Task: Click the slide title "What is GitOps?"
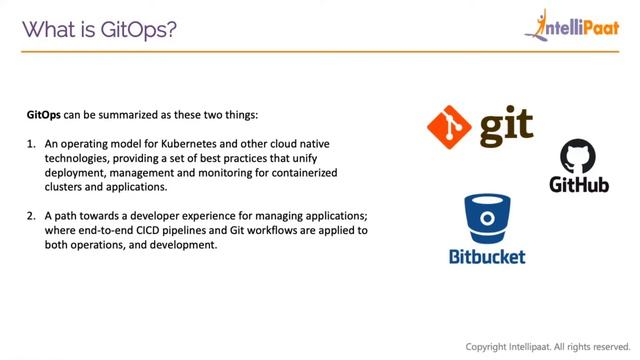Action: point(100,29)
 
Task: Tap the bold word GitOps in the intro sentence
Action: point(44,115)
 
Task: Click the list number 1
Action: point(31,145)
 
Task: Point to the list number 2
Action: point(31,216)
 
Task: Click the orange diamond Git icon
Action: point(449,127)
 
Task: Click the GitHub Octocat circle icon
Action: point(578,157)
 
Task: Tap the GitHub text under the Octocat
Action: point(579,185)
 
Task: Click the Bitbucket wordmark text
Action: point(487,256)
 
